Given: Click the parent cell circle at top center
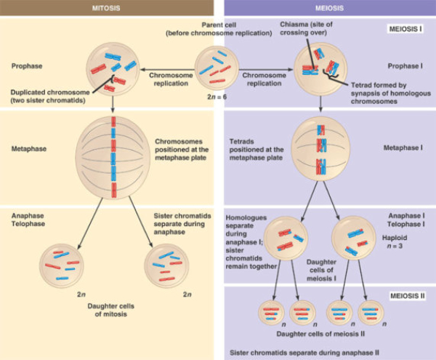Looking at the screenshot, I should click(x=217, y=68).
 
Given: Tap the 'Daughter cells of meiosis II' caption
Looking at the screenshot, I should click(x=320, y=333).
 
